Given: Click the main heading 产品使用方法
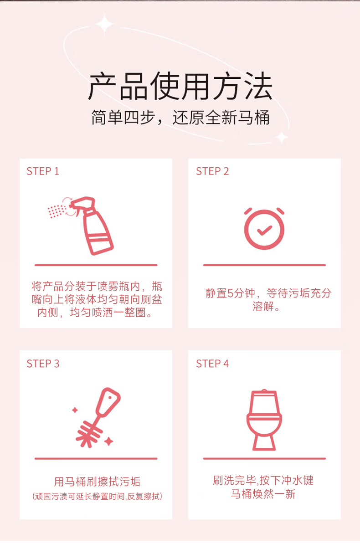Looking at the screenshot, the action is pyautogui.click(x=180, y=86).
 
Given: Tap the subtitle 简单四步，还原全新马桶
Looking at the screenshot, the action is pyautogui.click(x=180, y=118).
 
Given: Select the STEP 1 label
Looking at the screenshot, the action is pyautogui.click(x=43, y=171).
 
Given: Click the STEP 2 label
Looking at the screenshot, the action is pyautogui.click(x=212, y=171).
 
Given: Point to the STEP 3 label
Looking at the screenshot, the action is pyautogui.click(x=43, y=364).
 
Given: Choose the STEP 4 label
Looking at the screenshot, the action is pyautogui.click(x=212, y=364).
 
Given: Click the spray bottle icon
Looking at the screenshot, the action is pyautogui.click(x=92, y=226).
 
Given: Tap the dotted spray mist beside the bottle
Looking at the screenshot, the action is pyautogui.click(x=57, y=211).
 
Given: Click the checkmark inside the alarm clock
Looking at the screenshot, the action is pyautogui.click(x=264, y=231).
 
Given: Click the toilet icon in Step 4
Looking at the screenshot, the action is pyautogui.click(x=264, y=420).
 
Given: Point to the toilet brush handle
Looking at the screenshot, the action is pyautogui.click(x=108, y=402).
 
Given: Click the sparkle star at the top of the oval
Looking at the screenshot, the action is pyautogui.click(x=105, y=24).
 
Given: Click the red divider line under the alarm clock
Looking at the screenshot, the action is pyautogui.click(x=264, y=265).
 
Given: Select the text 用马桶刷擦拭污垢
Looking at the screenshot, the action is pyautogui.click(x=97, y=482).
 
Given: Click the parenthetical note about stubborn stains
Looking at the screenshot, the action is pyautogui.click(x=97, y=497).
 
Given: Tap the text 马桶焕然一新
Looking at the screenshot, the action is pyautogui.click(x=263, y=494).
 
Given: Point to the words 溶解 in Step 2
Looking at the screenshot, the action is pyautogui.click(x=263, y=306).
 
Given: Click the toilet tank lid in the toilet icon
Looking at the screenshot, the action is pyautogui.click(x=264, y=392).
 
